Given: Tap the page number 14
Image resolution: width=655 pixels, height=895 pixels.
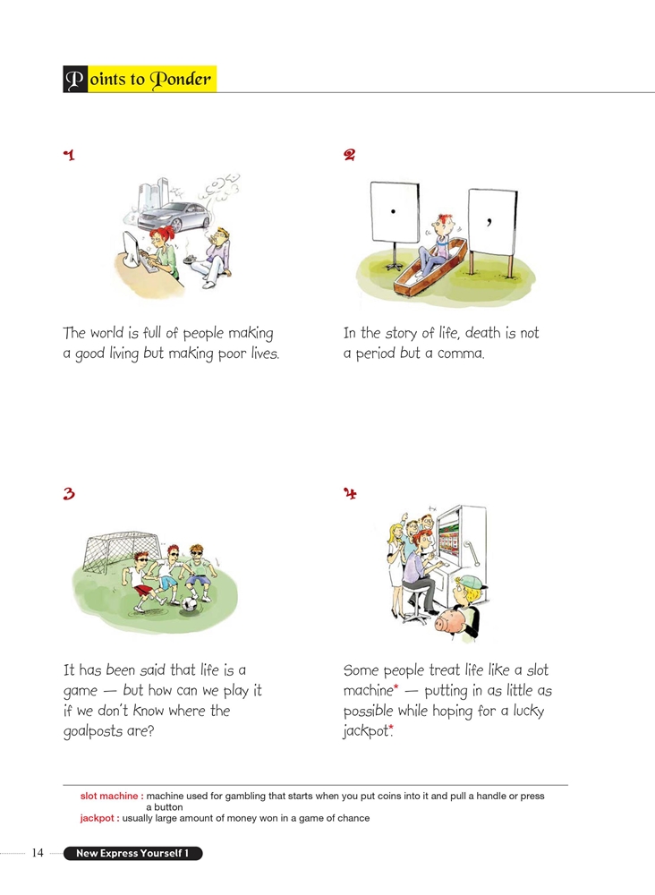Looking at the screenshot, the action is point(38,853).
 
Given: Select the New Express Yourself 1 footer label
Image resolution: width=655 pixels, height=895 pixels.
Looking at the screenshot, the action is point(132,853).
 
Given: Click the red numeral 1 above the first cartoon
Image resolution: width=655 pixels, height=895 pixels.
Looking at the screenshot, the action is point(69,155).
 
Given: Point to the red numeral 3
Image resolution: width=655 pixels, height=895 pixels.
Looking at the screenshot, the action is point(69,493).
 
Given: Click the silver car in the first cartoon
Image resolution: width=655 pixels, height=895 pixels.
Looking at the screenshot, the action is point(174,217).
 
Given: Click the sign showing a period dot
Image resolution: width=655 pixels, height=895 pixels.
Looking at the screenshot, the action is point(395,212).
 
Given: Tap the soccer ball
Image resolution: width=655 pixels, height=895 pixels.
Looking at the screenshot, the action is point(190,605).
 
